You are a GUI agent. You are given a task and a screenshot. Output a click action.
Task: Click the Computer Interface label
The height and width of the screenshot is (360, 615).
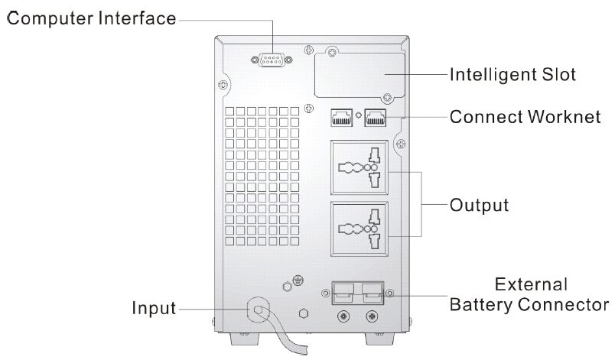click(x=91, y=18)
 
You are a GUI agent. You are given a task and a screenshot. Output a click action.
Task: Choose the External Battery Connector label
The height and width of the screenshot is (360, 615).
click(x=530, y=295)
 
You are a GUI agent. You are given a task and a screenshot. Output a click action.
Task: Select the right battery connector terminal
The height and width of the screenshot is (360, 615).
click(x=373, y=292)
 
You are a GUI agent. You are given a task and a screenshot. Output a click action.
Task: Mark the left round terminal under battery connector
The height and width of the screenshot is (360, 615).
click(x=343, y=315)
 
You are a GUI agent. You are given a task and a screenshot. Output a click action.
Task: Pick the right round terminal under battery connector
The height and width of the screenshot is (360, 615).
click(x=373, y=315)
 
